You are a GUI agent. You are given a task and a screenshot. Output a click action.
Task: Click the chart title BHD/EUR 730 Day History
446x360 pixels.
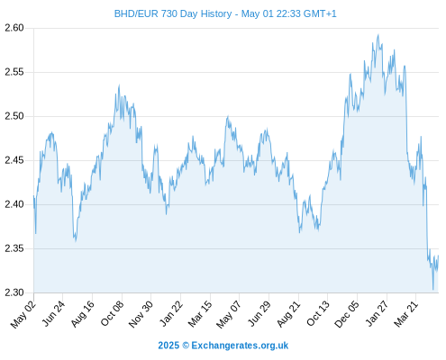click(173, 13)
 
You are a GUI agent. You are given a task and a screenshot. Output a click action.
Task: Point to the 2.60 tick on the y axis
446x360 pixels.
click(14, 28)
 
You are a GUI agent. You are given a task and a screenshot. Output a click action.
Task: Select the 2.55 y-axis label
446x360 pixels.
click(14, 72)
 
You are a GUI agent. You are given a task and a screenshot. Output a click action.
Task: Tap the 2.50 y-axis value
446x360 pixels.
click(14, 116)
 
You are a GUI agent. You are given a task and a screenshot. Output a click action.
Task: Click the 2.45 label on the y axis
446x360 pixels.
click(14, 160)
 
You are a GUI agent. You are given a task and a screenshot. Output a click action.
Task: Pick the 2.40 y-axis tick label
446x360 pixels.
click(14, 204)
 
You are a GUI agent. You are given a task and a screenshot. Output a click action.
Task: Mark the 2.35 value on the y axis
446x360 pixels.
click(14, 248)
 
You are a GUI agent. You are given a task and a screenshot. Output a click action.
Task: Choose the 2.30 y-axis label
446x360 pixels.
click(14, 292)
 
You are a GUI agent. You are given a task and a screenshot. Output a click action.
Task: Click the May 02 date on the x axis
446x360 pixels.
click(23, 315)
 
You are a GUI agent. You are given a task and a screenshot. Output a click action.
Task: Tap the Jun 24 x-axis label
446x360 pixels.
click(53, 314)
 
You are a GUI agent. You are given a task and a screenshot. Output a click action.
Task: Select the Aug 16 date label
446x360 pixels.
click(82, 314)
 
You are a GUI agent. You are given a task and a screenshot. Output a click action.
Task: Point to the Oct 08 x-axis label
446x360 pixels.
click(112, 314)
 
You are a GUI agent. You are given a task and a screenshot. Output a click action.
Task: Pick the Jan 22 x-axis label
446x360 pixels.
click(171, 314)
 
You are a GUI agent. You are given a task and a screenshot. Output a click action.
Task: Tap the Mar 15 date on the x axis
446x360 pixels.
click(200, 314)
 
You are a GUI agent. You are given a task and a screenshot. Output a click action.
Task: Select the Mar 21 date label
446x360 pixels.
click(405, 314)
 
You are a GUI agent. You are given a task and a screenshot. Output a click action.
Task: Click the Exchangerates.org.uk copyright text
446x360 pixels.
click(240, 346)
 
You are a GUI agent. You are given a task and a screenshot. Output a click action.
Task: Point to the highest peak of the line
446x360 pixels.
click(378, 35)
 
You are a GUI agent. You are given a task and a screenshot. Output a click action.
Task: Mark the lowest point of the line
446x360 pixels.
click(433, 290)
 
